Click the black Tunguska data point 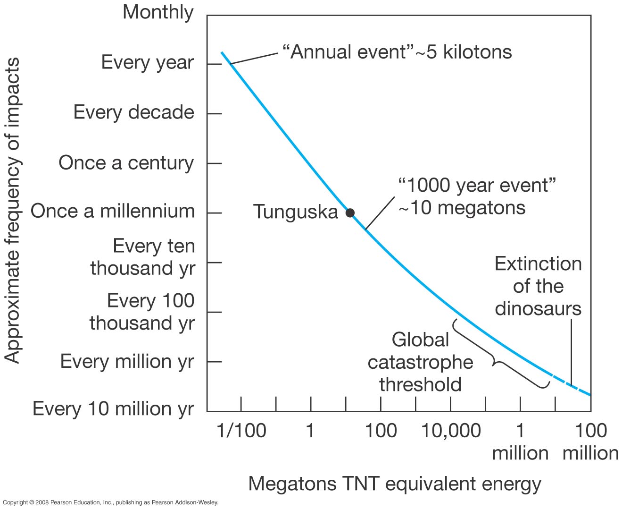[x=350, y=212]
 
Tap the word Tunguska [x=296, y=212]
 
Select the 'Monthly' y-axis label [x=158, y=12]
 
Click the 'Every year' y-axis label [x=147, y=62]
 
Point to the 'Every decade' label [x=134, y=112]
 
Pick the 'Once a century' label [x=126, y=163]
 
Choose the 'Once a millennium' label [x=113, y=211]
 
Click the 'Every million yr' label [x=127, y=362]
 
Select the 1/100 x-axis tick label [x=241, y=431]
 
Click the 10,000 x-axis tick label [x=451, y=431]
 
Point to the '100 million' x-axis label [x=590, y=442]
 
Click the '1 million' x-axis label [x=520, y=442]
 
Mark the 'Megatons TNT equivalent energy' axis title [x=394, y=484]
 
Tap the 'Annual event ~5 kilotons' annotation [x=397, y=51]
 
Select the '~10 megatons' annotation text [x=462, y=208]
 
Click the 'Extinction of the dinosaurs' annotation [x=538, y=286]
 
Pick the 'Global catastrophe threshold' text [x=420, y=362]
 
